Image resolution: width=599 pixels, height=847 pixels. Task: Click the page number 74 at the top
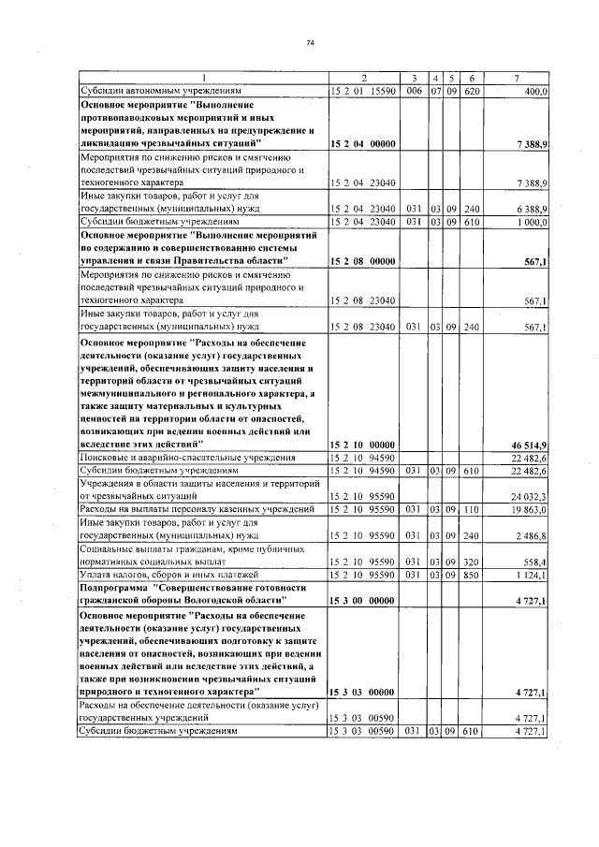[x=309, y=42]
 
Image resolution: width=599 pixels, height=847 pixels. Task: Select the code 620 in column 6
[x=471, y=92]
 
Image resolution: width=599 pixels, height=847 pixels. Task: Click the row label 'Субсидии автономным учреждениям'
[x=161, y=92]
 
